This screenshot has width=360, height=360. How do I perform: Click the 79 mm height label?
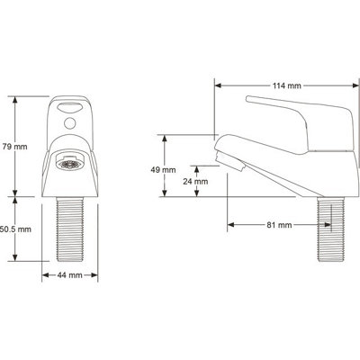tap(13, 146)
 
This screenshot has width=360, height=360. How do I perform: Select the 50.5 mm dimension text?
tap(15, 229)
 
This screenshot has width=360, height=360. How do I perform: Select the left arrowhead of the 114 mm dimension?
tap(218, 87)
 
